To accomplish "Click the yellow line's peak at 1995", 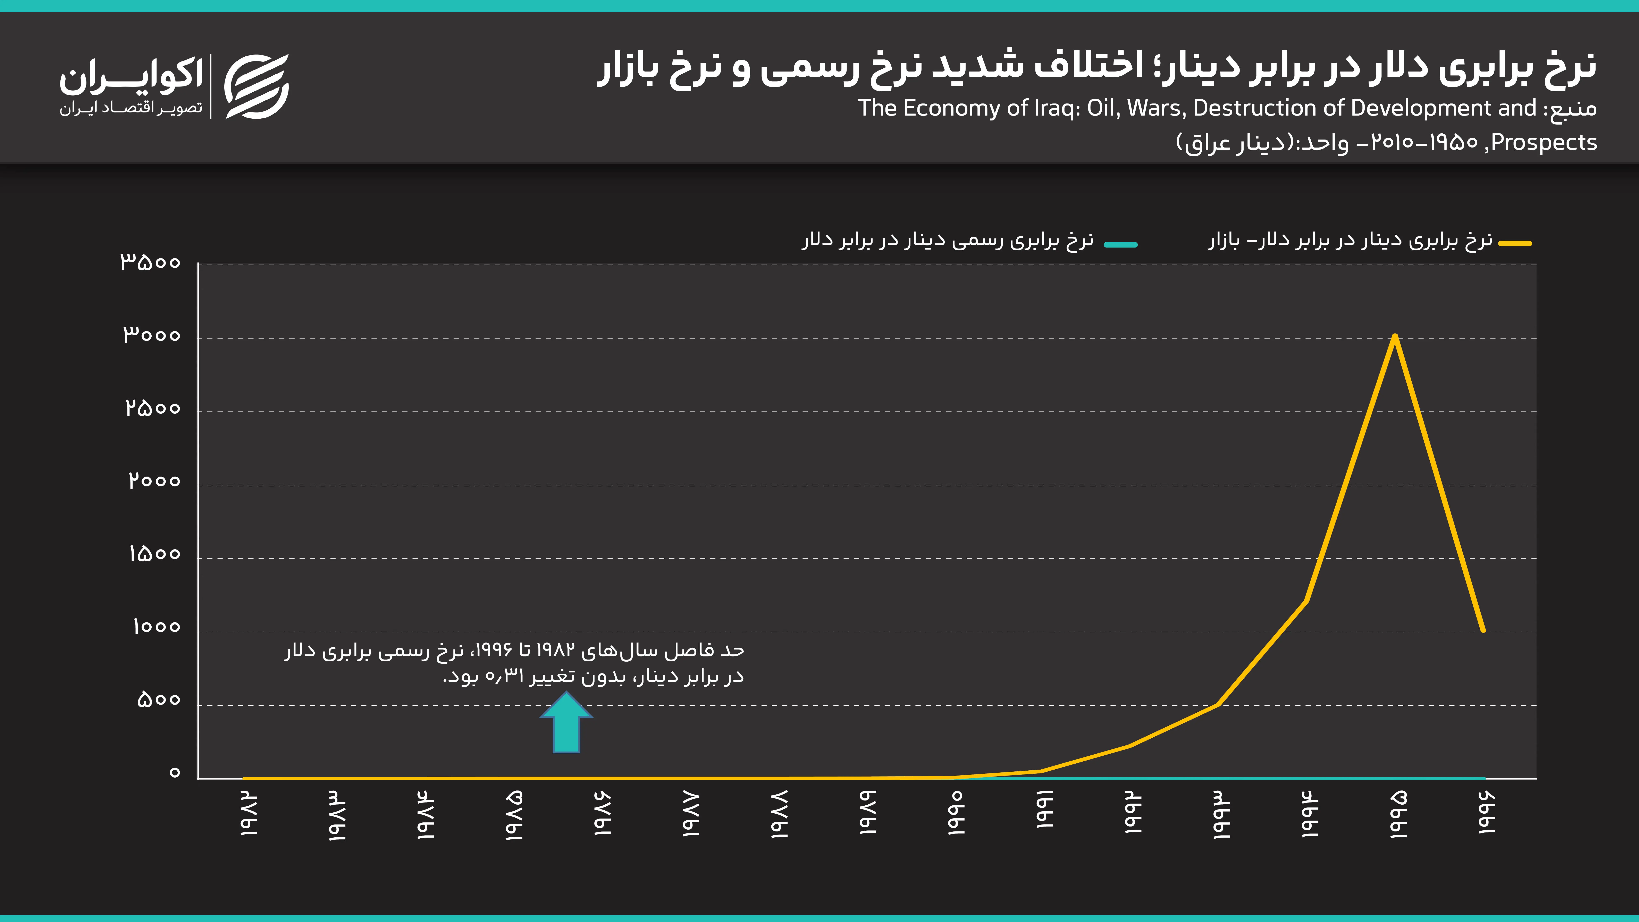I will point(1395,336).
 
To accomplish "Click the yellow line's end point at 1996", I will point(1483,630).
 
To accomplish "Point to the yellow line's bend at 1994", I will point(1306,601).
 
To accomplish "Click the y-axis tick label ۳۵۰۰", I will point(151,262).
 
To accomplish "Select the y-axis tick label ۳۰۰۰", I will point(152,335).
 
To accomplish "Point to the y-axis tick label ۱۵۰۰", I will point(155,554).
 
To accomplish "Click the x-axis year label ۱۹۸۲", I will point(249,814).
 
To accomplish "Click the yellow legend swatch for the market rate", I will point(1515,243).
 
